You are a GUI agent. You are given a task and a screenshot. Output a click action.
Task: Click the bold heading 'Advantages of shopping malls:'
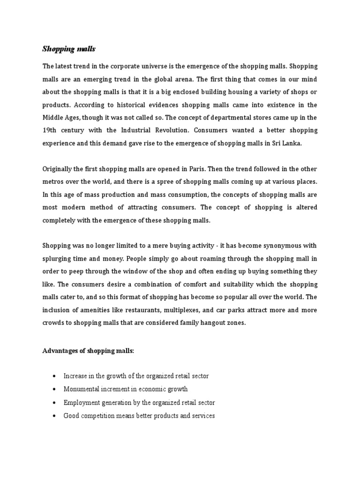(x=88, y=351)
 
